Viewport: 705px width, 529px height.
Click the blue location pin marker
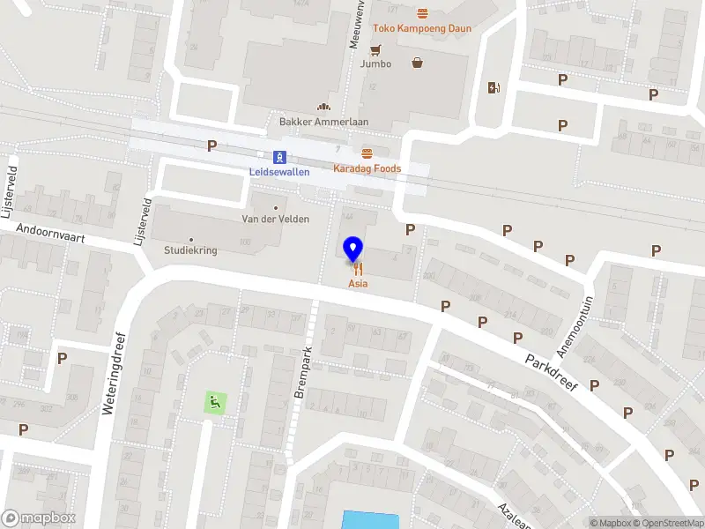[x=353, y=250]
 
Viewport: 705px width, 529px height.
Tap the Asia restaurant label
[x=358, y=284]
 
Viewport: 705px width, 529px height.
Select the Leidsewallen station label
[x=279, y=172]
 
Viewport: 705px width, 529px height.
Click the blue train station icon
[x=279, y=158]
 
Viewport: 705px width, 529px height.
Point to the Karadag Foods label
[x=367, y=168]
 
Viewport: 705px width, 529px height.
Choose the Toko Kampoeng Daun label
[x=422, y=28]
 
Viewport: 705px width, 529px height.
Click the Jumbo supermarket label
[x=375, y=63]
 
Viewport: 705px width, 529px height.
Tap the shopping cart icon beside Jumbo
[x=377, y=49]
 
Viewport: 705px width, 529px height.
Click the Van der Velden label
[x=276, y=219]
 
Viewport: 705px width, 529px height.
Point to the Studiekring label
[x=190, y=250]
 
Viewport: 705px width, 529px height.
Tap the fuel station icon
[x=493, y=87]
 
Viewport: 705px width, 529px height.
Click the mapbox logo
[x=40, y=518]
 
